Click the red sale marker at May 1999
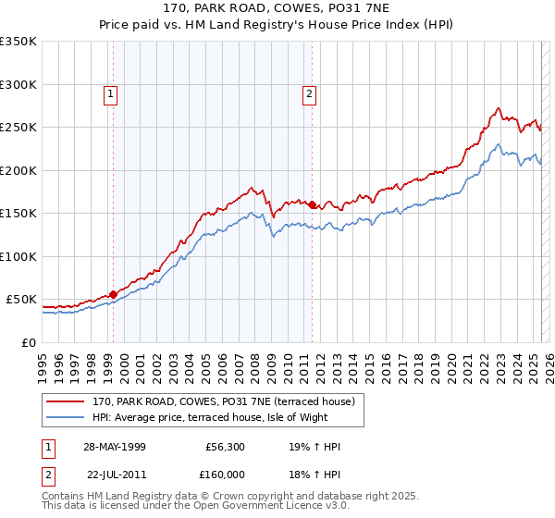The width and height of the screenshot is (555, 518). [113, 294]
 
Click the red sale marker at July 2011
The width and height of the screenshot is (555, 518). [312, 204]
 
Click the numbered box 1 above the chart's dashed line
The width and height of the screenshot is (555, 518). [110, 92]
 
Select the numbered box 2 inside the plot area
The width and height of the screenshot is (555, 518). [308, 92]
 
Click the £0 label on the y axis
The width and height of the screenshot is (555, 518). [30, 342]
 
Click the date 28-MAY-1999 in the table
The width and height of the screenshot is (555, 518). [113, 447]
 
